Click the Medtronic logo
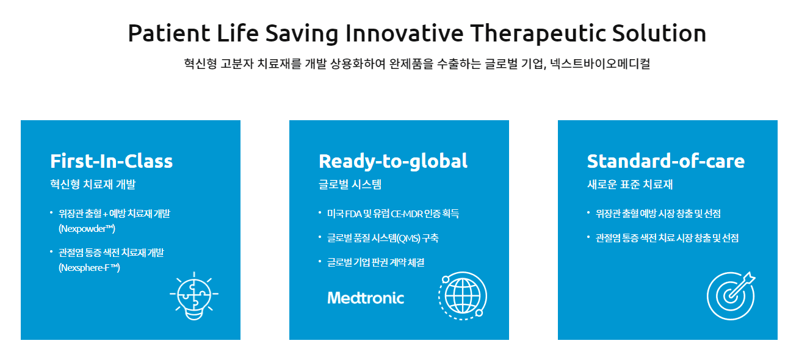[366, 298]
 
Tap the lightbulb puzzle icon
[193, 295]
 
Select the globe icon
[462, 295]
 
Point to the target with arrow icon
[731, 295]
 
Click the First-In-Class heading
[111, 161]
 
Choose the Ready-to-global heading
[392, 161]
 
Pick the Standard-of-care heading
[665, 161]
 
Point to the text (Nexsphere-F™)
[89, 267]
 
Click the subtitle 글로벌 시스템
[350, 184]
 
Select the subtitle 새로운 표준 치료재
[629, 184]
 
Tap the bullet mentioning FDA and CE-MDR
[392, 214]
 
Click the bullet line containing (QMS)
[382, 238]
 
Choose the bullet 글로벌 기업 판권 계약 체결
[375, 262]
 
